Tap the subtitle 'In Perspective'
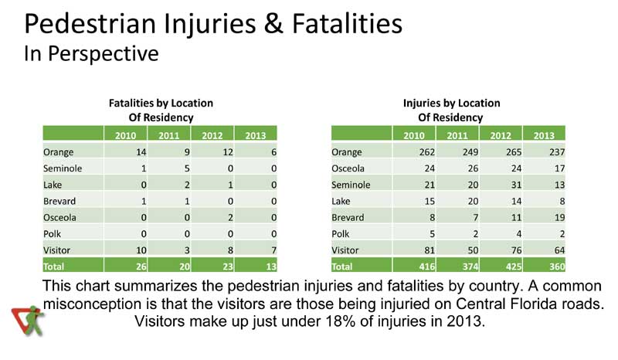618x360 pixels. pyautogui.click(x=92, y=54)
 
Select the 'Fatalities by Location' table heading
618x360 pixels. pyautogui.click(x=161, y=104)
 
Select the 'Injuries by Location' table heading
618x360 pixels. pyautogui.click(x=451, y=104)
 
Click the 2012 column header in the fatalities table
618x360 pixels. pyautogui.click(x=212, y=135)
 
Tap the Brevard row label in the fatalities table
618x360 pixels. pyautogui.click(x=60, y=201)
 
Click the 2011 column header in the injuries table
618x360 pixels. pyautogui.click(x=457, y=135)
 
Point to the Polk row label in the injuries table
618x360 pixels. pyautogui.click(x=341, y=234)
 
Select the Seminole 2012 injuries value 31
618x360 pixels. pyautogui.click(x=500, y=185)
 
